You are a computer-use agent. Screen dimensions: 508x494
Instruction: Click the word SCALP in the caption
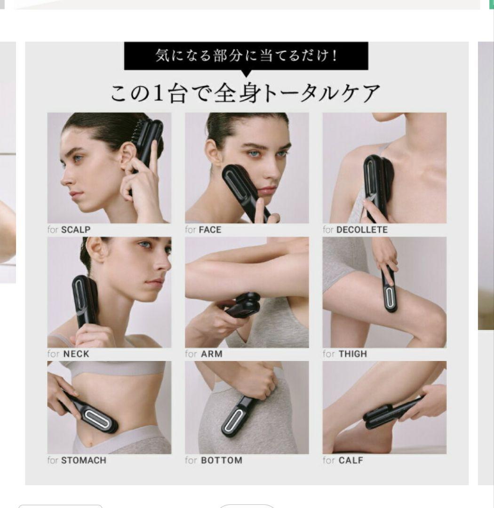click(x=76, y=230)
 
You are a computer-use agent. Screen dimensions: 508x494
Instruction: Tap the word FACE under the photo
click(x=210, y=230)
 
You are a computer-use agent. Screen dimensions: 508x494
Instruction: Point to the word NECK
click(x=76, y=354)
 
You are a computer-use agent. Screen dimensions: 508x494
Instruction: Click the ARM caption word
click(x=211, y=354)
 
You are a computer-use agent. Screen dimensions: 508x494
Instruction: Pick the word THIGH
click(x=352, y=354)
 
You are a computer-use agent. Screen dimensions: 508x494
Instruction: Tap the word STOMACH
click(x=84, y=460)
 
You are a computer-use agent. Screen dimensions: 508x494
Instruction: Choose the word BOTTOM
click(x=222, y=460)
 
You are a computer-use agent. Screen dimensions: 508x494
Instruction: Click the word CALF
click(x=351, y=460)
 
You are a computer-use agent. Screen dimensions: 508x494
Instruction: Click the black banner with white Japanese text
click(x=246, y=56)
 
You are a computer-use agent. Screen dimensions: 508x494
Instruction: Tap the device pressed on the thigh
click(x=390, y=292)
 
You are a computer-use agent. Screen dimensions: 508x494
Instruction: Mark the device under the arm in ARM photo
click(x=245, y=306)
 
